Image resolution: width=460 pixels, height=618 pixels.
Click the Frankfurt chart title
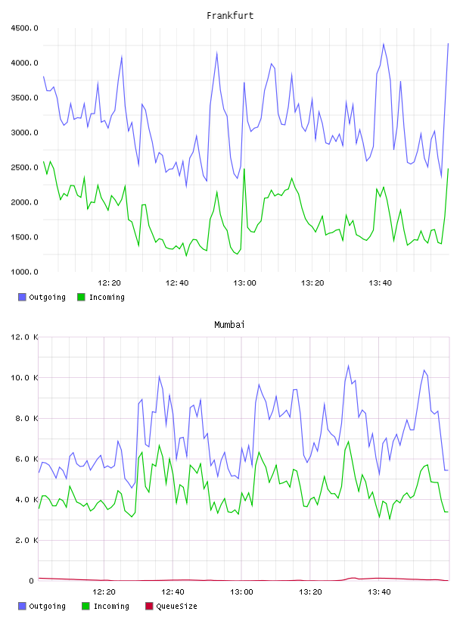[230, 16]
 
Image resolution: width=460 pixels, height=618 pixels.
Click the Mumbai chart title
[229, 325]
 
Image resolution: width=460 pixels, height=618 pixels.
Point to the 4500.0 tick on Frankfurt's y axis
[24, 28]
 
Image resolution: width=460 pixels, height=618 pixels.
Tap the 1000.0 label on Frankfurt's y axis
[24, 272]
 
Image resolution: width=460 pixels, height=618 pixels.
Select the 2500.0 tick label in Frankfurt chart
[24, 167]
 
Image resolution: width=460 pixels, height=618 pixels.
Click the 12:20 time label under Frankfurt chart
[109, 283]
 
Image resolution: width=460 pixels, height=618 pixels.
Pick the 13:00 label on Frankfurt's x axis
[244, 283]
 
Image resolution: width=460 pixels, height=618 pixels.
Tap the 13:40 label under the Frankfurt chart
[380, 283]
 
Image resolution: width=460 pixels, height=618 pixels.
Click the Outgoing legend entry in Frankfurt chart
[42, 297]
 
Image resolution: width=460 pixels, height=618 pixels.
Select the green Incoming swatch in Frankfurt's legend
[81, 297]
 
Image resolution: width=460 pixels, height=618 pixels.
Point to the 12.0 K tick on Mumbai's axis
[24, 337]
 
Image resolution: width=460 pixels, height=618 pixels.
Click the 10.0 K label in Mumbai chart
[24, 378]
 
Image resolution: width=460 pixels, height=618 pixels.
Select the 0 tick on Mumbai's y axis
[32, 581]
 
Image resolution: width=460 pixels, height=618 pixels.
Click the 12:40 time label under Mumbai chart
[172, 592]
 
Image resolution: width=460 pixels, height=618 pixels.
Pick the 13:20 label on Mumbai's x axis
[310, 592]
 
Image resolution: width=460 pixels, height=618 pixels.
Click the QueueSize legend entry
[171, 606]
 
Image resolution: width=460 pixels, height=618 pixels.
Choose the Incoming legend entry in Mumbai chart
[105, 606]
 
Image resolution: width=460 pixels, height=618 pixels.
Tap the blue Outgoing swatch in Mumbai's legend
[22, 606]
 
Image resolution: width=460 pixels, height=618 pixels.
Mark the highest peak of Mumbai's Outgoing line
[348, 365]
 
